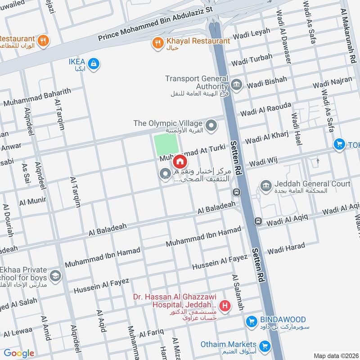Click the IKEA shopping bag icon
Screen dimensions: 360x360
pos(94,64)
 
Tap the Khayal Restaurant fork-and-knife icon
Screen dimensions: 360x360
pos(157,43)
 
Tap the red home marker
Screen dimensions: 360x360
pos(180,161)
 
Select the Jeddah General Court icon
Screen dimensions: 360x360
pos(266,185)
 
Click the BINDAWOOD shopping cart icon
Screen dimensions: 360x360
pos(252,321)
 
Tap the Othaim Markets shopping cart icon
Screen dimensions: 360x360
pos(265,346)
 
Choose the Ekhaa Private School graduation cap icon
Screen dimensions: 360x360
pos(55,275)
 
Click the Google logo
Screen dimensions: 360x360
pos(18,353)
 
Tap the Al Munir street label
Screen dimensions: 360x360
pos(32,201)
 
